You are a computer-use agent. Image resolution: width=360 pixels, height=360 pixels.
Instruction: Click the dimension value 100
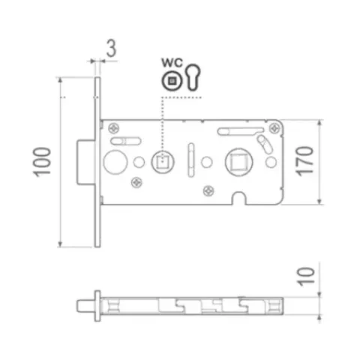[42, 163]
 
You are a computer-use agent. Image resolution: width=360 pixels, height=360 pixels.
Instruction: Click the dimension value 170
[304, 161]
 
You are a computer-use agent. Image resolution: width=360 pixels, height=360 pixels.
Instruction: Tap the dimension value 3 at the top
[111, 48]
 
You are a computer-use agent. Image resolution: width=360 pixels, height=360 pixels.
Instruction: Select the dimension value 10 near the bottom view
[305, 276]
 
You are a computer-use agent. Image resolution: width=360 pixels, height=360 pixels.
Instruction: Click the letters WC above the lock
[172, 62]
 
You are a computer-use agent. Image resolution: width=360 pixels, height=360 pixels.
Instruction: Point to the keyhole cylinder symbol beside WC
[193, 76]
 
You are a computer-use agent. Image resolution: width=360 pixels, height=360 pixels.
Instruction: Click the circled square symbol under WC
[172, 81]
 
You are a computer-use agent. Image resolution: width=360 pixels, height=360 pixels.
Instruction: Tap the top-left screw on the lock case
[114, 128]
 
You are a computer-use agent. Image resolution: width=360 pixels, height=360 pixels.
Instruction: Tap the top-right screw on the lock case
[274, 128]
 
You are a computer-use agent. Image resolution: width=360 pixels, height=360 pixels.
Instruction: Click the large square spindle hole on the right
[239, 162]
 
